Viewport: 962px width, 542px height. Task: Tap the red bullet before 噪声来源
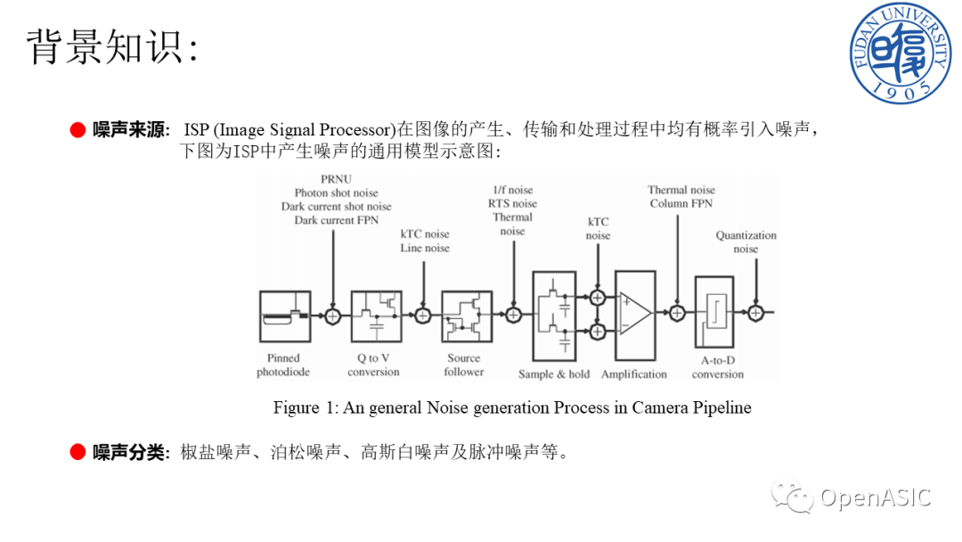point(77,130)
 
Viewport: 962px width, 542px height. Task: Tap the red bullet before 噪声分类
point(77,452)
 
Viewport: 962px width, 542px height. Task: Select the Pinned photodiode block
point(284,316)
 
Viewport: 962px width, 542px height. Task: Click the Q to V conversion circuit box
point(376,316)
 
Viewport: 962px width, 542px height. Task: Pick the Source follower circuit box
point(467,316)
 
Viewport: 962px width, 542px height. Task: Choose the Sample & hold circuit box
point(555,316)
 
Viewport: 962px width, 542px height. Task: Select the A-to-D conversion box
point(717,316)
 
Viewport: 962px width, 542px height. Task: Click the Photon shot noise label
point(336,193)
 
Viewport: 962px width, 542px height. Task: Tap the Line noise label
point(425,248)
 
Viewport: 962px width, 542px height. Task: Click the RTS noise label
point(512,203)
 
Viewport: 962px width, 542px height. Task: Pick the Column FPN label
point(681,204)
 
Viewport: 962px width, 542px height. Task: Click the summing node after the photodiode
point(333,315)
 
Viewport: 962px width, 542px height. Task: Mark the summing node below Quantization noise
point(756,313)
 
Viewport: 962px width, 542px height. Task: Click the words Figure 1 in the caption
point(296,407)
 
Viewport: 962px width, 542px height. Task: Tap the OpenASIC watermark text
point(875,497)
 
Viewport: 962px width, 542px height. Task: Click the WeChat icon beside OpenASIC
point(792,496)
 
